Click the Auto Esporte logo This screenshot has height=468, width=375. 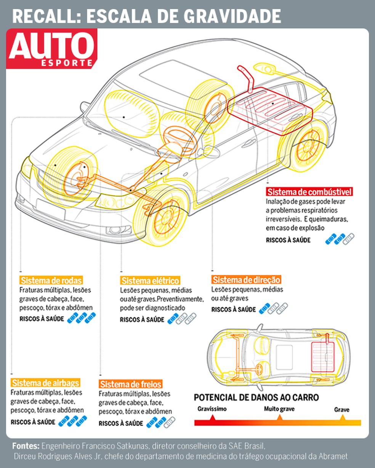[x=51, y=49]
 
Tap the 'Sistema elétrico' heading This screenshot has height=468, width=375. [x=150, y=281]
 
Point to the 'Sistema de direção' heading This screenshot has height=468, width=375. [x=246, y=280]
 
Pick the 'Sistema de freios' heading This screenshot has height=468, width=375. [x=131, y=384]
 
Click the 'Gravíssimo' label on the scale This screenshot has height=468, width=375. [x=212, y=409]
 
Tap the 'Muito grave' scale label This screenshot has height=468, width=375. [x=279, y=409]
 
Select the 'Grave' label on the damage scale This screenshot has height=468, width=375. [x=342, y=410]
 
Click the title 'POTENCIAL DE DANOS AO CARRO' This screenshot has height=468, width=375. [x=256, y=397]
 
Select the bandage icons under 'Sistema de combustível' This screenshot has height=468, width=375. [x=340, y=239]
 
